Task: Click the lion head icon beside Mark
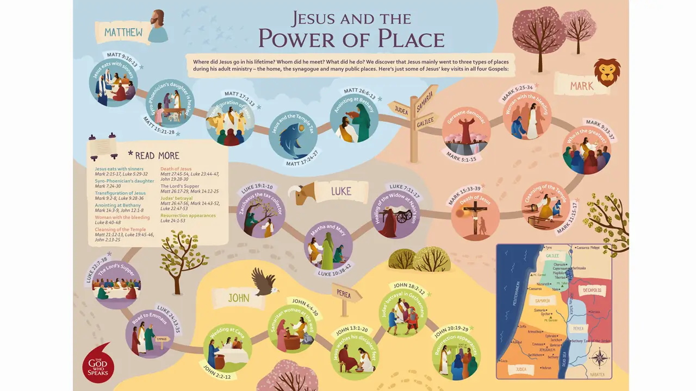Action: coord(607,72)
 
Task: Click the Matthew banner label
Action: coord(124,33)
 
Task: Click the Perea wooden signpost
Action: coord(346,295)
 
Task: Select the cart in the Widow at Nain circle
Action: coord(403,216)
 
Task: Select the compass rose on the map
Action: coord(599,360)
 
